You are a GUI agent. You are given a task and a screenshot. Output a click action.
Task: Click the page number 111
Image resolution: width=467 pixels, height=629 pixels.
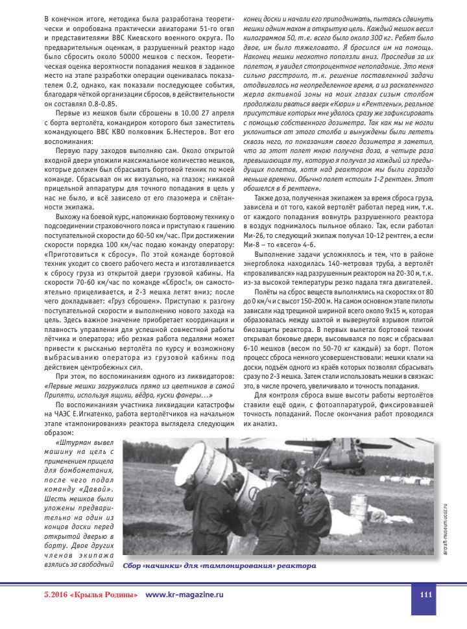pos(425,595)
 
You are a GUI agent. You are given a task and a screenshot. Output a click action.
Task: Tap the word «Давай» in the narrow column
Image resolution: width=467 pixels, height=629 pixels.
pos(95,488)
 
